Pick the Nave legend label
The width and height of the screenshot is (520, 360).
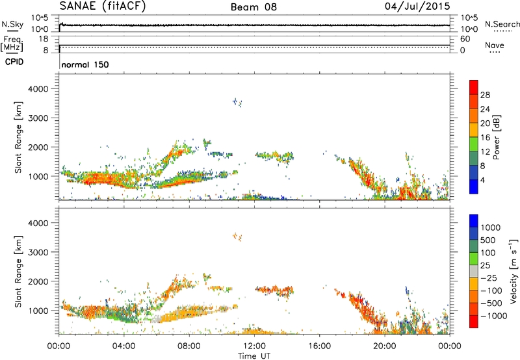point(495,46)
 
